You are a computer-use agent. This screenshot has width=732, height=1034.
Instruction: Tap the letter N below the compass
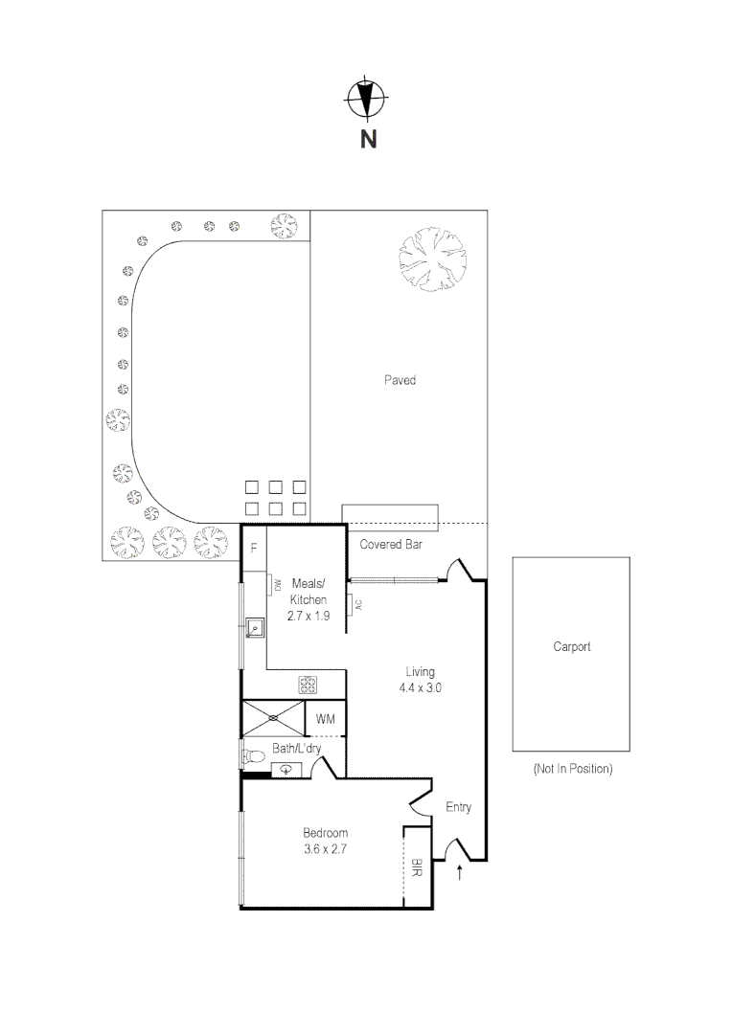tap(368, 140)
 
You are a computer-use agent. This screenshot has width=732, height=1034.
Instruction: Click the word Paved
tap(400, 380)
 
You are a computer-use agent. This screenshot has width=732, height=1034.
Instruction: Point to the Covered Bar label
tap(391, 545)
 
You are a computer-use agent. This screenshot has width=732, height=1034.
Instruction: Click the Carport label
tap(571, 646)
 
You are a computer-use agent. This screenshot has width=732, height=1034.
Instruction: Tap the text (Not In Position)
tap(572, 769)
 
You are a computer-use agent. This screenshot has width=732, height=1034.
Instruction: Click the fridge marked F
tap(254, 549)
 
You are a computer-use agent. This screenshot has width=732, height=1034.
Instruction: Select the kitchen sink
tap(255, 628)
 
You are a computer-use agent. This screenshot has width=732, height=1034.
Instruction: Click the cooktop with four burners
tap(309, 685)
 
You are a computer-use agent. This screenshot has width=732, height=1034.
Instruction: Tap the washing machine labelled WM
tap(325, 718)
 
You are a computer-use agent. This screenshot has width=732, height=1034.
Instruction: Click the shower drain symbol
tap(273, 717)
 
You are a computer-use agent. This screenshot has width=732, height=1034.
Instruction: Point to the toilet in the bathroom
tap(253, 756)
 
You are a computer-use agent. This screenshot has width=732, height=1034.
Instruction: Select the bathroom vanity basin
tap(286, 768)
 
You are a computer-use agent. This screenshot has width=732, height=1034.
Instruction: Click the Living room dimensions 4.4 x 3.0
tap(421, 687)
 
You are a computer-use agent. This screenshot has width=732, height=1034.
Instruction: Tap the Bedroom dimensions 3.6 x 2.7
tap(325, 848)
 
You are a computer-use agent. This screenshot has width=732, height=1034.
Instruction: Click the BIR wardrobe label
tap(417, 868)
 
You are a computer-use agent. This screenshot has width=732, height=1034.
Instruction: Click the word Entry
tap(459, 807)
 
